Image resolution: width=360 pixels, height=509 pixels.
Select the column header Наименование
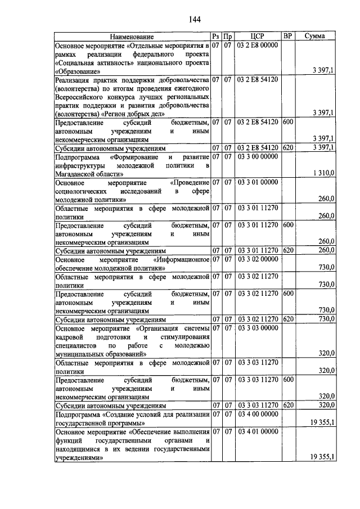click(x=132, y=37)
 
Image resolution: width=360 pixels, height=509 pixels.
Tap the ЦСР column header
click(x=256, y=37)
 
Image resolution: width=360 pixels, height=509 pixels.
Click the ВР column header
click(x=287, y=37)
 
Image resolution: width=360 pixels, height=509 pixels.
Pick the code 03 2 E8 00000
click(x=257, y=45)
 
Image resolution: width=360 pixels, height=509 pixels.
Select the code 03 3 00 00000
click(x=257, y=156)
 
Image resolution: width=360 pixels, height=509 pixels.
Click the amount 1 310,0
click(x=323, y=174)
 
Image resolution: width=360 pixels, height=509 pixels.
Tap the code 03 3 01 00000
click(x=257, y=182)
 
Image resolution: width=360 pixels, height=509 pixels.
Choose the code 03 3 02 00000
click(x=257, y=259)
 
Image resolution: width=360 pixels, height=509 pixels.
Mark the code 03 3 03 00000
click(x=257, y=327)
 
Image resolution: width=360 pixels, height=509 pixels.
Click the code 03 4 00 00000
click(x=257, y=414)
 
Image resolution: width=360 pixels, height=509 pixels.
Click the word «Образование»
click(x=78, y=71)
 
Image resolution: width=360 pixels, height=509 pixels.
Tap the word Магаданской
click(x=77, y=174)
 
